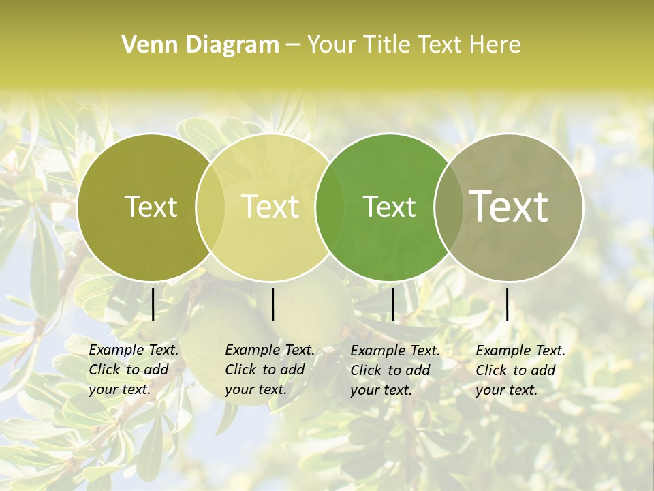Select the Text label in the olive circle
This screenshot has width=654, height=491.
[151, 207]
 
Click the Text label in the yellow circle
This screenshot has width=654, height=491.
[270, 207]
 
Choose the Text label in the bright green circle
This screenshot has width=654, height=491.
[389, 207]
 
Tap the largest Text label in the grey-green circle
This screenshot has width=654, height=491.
[509, 206]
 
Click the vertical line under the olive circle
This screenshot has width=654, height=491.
[153, 304]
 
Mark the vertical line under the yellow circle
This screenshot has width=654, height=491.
[272, 304]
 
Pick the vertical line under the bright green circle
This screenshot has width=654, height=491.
[392, 304]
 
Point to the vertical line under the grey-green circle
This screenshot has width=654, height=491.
[507, 304]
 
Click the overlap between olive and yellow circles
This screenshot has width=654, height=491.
[211, 207]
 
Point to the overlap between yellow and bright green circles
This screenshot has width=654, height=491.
[330, 207]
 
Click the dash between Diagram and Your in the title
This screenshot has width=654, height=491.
[293, 45]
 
